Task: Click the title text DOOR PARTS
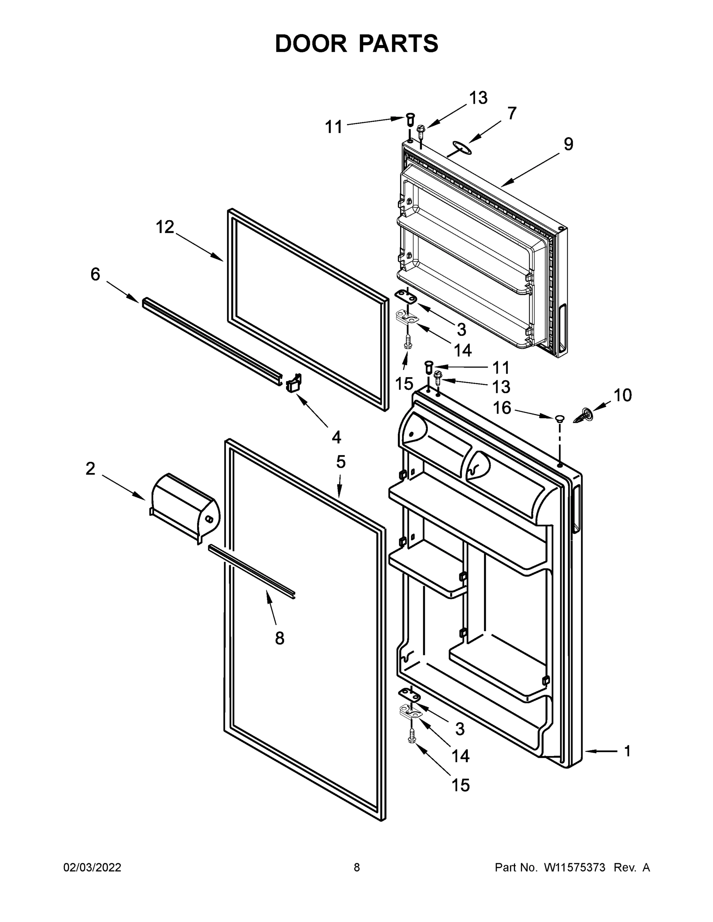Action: pyautogui.click(x=357, y=44)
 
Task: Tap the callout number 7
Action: pyautogui.click(x=512, y=114)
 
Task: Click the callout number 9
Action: pyautogui.click(x=568, y=144)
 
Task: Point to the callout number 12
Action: pyautogui.click(x=165, y=227)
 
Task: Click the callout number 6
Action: pyautogui.click(x=95, y=274)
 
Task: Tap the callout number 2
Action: pyautogui.click(x=90, y=469)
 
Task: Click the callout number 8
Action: pyautogui.click(x=279, y=638)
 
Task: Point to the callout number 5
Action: pyautogui.click(x=341, y=462)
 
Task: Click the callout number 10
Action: pyautogui.click(x=622, y=396)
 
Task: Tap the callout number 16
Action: pyautogui.click(x=502, y=408)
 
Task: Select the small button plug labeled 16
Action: pyautogui.click(x=559, y=418)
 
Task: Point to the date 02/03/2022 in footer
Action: pyautogui.click(x=92, y=867)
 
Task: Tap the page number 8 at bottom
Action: pyautogui.click(x=357, y=867)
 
